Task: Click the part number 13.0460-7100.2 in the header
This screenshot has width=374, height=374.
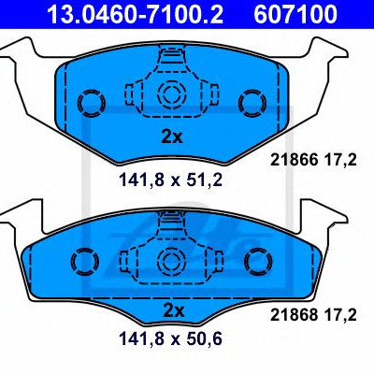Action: (135, 13)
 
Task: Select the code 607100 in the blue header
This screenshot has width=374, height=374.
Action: (295, 13)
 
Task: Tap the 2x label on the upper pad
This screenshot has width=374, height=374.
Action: (172, 137)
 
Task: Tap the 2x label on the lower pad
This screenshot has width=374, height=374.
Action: (173, 310)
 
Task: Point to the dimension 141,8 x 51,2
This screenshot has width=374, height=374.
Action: (171, 180)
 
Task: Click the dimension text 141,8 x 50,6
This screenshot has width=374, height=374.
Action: (171, 338)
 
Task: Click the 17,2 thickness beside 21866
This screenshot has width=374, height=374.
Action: (341, 161)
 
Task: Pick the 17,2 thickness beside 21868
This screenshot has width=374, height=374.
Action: (341, 315)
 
